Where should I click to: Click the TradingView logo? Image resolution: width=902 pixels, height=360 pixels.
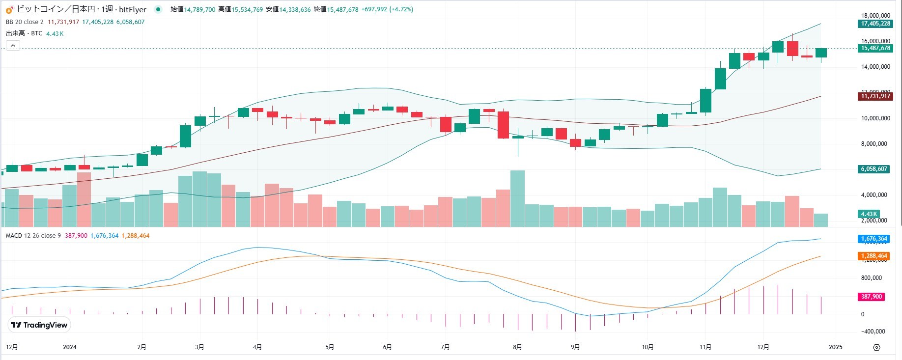(39, 325)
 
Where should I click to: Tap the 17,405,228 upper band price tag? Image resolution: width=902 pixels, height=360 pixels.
(875, 24)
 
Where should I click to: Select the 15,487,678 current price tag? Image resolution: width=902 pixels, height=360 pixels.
(875, 48)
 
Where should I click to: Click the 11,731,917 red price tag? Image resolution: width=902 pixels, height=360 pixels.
(875, 96)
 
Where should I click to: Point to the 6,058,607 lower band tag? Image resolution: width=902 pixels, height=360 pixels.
(874, 169)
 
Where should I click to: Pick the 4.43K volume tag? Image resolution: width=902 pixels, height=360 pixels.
(869, 214)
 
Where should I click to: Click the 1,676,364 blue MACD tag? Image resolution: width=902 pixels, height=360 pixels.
(874, 239)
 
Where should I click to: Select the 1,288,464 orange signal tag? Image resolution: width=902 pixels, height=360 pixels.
(874, 256)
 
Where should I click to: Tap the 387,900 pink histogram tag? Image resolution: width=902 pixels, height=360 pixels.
(872, 297)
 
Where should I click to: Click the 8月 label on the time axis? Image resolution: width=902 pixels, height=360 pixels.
(517, 347)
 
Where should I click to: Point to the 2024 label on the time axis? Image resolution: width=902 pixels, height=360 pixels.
(70, 347)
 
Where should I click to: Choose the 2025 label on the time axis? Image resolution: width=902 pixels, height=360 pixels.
(835, 347)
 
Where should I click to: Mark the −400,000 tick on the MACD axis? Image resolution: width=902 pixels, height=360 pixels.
(873, 332)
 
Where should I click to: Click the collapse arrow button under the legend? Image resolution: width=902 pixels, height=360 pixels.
(13, 46)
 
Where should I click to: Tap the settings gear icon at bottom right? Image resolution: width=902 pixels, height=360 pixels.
(876, 347)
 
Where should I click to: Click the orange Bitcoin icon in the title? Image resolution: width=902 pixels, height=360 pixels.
(9, 9)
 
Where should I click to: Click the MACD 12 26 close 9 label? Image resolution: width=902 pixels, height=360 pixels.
(33, 236)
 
